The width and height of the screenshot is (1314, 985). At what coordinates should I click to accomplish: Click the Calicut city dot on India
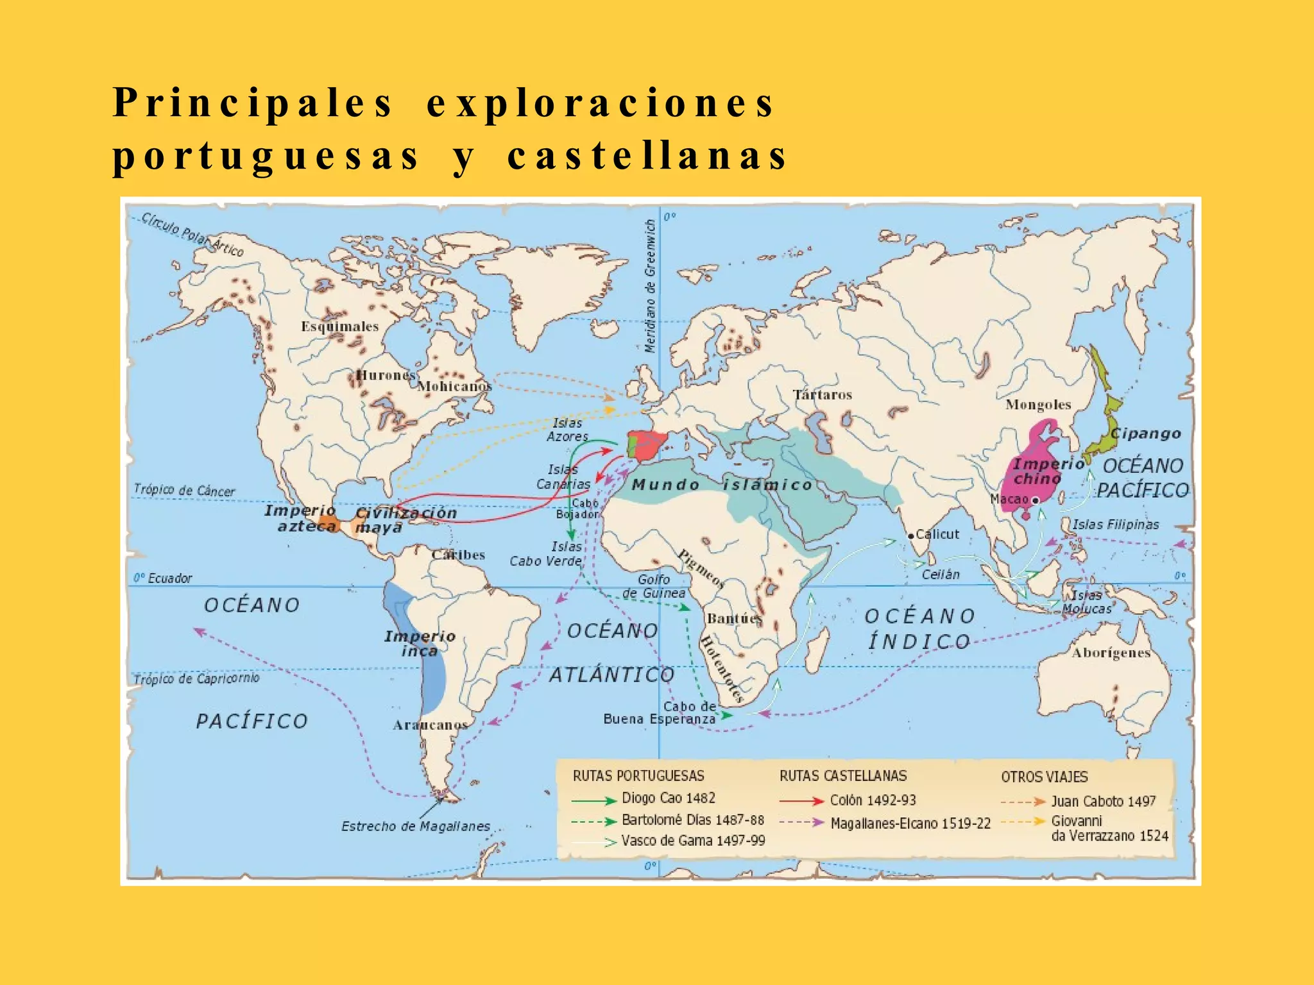pos(910,535)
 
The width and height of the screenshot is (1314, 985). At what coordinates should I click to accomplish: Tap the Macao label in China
pos(1009,499)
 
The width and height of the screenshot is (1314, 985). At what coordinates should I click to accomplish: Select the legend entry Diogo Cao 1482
pos(668,798)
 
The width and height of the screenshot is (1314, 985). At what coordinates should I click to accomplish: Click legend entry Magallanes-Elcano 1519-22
pos(910,823)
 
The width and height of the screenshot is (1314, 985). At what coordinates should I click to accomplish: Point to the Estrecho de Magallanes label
pos(415,826)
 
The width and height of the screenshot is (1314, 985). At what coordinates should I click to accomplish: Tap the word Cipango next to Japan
pos(1146,433)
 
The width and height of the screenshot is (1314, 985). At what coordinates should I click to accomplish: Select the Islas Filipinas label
pos(1116,525)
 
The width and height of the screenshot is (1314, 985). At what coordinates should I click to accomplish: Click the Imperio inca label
pos(420,643)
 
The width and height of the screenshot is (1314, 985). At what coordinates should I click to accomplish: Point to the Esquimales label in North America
pos(340,326)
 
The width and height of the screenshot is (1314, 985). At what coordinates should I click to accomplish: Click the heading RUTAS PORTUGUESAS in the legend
pos(638,775)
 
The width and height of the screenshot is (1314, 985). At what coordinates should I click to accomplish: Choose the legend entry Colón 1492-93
pos(873,800)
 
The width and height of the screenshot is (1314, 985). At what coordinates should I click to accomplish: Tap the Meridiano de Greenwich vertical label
pos(651,285)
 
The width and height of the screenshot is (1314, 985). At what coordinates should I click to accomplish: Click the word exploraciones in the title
pos(601,103)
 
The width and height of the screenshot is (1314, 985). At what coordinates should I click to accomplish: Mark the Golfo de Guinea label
pos(654,586)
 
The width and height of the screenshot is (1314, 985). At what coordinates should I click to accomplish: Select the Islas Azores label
pos(567,430)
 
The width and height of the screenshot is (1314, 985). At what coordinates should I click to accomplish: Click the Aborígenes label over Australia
pos(1111,653)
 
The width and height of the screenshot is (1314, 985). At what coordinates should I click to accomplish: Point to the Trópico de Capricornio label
pos(196,678)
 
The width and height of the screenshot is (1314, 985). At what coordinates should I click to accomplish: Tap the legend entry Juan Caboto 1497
pos(1103,801)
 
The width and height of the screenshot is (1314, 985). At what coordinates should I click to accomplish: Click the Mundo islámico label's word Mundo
pos(665,485)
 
